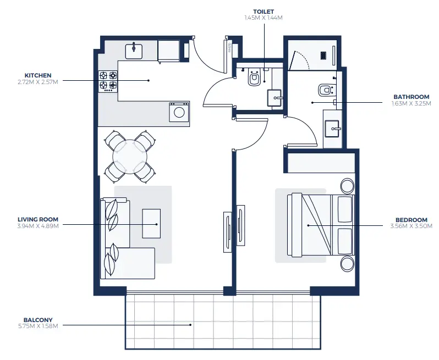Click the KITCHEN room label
pyautogui.click(x=38, y=75)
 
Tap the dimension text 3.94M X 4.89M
pyautogui.click(x=37, y=226)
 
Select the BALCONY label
pyautogui.click(x=38, y=320)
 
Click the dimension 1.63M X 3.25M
pyautogui.click(x=410, y=103)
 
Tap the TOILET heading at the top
pyautogui.click(x=264, y=12)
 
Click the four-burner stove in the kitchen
pyautogui.click(x=108, y=80)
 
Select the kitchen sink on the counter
pyautogui.click(x=134, y=51)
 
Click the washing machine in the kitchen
pyautogui.click(x=179, y=112)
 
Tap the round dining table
pyautogui.click(x=130, y=157)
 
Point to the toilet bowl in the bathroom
pyautogui.click(x=325, y=89)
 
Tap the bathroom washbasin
pyautogui.click(x=333, y=129)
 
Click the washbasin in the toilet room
pyautogui.click(x=275, y=98)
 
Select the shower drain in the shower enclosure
pyautogui.click(x=324, y=54)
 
